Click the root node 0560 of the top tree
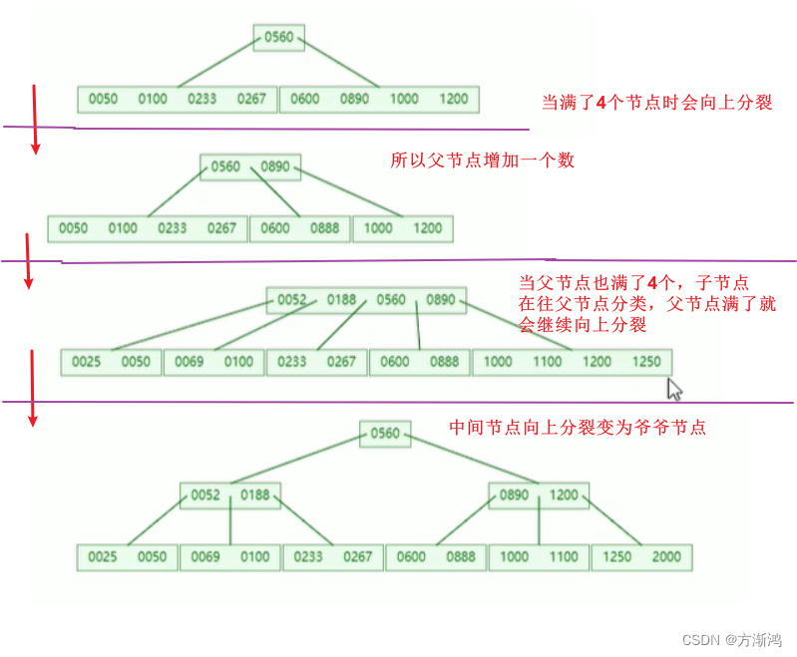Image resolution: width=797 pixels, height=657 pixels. coord(279,38)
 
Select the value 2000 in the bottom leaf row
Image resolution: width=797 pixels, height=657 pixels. coord(666,556)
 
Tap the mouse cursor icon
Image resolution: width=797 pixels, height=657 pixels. coord(675,389)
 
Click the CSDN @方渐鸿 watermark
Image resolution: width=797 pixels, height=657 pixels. coord(725,639)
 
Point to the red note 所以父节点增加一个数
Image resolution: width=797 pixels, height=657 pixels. coord(482,161)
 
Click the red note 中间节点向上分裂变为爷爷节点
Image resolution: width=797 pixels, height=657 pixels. coord(578,428)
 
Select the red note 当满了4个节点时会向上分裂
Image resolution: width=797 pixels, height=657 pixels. coord(656,102)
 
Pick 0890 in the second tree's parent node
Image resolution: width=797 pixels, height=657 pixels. coord(275,166)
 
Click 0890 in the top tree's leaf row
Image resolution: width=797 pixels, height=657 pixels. coord(354,99)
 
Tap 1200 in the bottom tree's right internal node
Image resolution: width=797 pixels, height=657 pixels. coord(564,494)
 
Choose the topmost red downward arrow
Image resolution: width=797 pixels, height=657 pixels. coord(36,119)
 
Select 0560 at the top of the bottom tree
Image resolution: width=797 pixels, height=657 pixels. coord(384,434)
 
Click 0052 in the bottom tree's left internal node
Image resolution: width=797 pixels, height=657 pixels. coord(205,494)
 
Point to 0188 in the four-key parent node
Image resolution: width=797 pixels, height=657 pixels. coord(341,299)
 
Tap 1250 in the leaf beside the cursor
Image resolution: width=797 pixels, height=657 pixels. coord(646,362)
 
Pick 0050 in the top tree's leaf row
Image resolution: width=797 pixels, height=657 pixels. coord(103,99)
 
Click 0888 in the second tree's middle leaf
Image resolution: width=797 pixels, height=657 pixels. coord(324,228)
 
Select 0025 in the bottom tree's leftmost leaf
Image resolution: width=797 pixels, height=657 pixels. coord(103,556)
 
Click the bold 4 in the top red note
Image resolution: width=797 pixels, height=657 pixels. coord(600,102)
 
